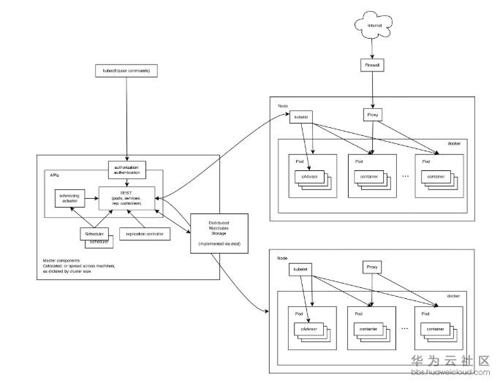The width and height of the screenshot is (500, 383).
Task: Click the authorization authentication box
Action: pos(128,170)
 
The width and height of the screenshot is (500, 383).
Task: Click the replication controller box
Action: pos(143,234)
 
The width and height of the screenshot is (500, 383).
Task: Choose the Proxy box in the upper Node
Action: pos(374,115)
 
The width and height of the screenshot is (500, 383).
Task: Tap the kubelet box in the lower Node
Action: pos(301,270)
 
